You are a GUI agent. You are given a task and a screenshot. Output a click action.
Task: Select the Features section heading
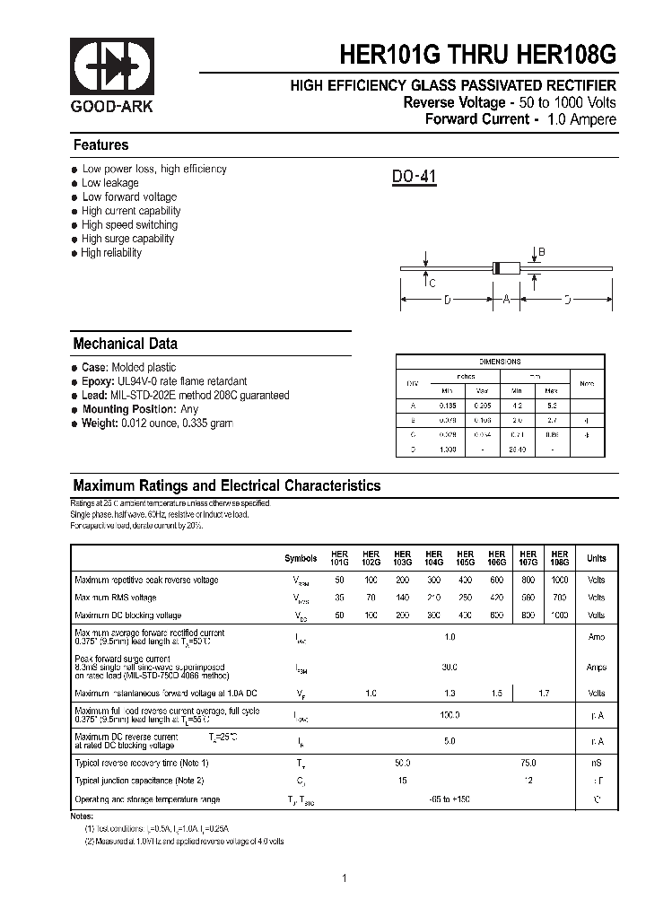[100, 145]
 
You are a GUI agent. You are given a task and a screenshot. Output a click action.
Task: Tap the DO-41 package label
[414, 178]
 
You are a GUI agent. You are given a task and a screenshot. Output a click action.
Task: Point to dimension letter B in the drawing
[541, 252]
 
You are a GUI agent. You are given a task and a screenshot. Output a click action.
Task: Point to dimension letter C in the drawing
[432, 284]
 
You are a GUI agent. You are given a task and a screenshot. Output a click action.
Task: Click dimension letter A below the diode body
[506, 300]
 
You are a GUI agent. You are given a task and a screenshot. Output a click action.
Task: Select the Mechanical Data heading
[125, 344]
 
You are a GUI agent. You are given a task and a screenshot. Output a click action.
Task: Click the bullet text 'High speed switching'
[129, 225]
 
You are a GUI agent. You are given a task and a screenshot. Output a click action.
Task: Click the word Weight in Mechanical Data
[100, 423]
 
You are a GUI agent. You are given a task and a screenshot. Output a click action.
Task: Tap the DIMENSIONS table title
[500, 362]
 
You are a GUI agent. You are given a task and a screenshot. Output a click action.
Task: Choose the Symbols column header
[301, 558]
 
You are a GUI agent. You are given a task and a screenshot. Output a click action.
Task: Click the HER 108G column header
[559, 558]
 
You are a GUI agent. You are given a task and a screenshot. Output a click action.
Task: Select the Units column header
[596, 558]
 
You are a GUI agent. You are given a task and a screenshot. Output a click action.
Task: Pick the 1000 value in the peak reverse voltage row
[559, 581]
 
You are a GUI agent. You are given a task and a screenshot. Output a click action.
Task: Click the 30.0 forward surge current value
[450, 668]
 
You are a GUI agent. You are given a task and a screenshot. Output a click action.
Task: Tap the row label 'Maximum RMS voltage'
[116, 598]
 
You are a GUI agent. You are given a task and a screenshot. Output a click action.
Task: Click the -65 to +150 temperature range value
[450, 799]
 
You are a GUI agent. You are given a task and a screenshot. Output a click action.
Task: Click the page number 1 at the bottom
[345, 878]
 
